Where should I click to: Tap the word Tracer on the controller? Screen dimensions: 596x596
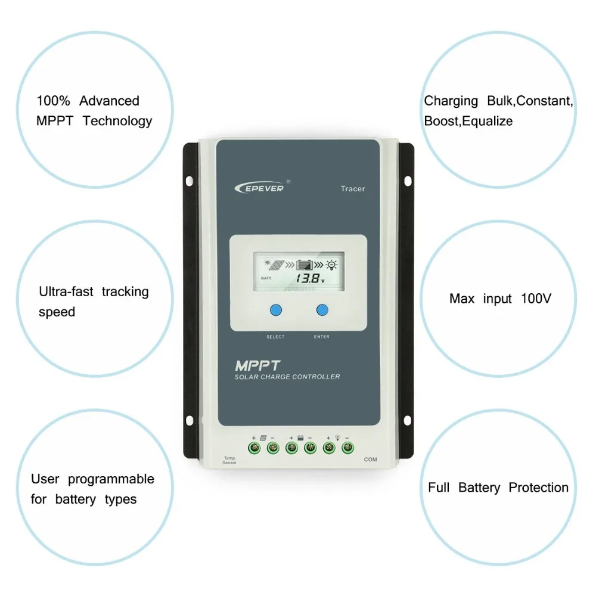[353, 189]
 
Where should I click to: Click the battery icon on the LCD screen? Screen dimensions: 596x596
[305, 265]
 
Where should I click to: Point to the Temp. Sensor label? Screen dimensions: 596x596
[229, 460]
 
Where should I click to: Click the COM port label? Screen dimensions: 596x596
[371, 460]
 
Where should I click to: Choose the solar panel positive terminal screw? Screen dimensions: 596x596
[254, 447]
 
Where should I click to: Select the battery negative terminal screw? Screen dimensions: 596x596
[310, 447]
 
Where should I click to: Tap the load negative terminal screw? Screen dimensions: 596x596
[347, 447]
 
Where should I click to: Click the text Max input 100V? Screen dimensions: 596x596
[500, 298]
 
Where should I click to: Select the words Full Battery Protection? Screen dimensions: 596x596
[498, 488]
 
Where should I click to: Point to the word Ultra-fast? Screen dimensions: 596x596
[66, 291]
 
